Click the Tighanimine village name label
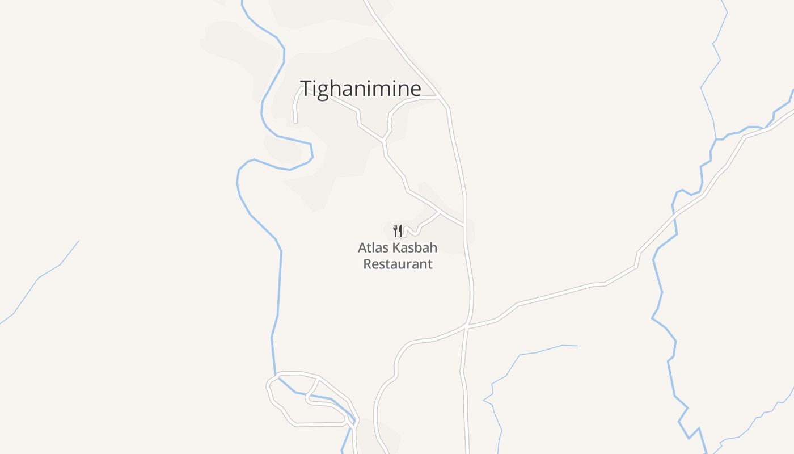pos(360,89)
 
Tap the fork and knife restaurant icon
pos(398,230)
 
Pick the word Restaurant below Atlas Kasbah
pos(398,264)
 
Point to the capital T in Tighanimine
pos(306,89)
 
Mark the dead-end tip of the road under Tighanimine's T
pos(296,121)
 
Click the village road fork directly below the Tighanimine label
pos(384,140)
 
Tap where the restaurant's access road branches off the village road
pos(440,212)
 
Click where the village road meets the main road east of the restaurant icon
pos(464,226)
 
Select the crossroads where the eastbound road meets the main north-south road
pos(467,326)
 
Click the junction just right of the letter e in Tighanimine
pos(441,98)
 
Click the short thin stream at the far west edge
pos(40,278)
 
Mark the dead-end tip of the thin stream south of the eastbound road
pos(577,346)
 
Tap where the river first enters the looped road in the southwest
pos(276,376)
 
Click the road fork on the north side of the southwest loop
pos(318,377)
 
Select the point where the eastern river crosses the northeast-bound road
pos(675,213)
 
